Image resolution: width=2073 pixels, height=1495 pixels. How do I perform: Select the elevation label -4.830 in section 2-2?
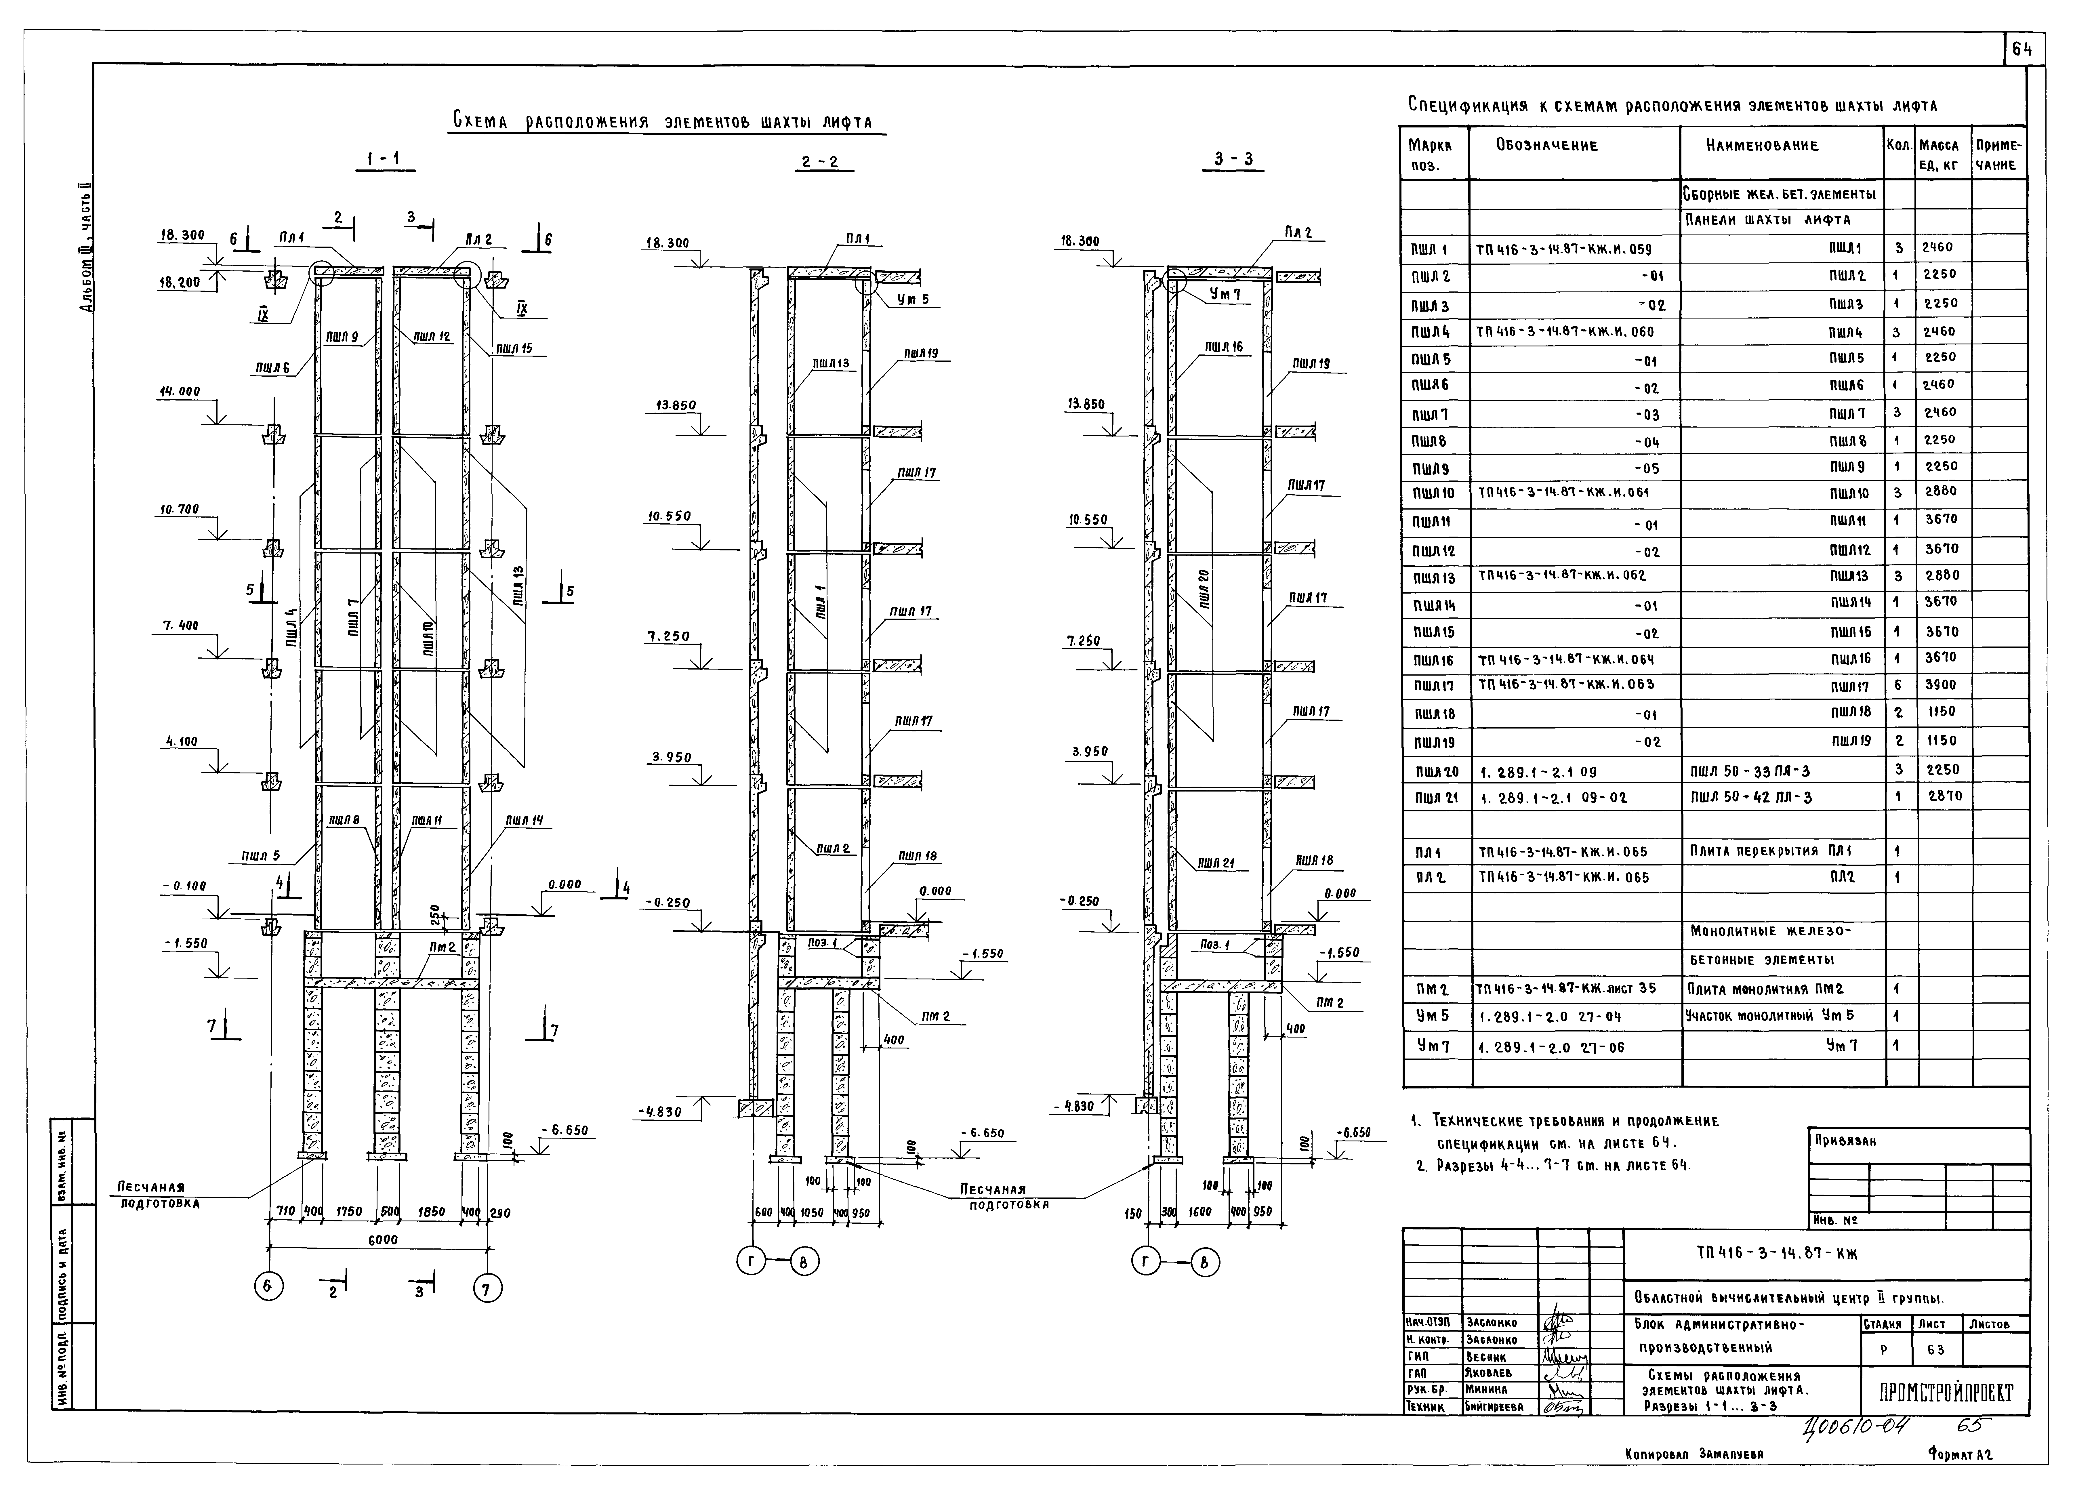tap(658, 1112)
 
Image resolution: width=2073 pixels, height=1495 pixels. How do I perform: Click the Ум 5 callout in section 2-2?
tap(912, 300)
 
